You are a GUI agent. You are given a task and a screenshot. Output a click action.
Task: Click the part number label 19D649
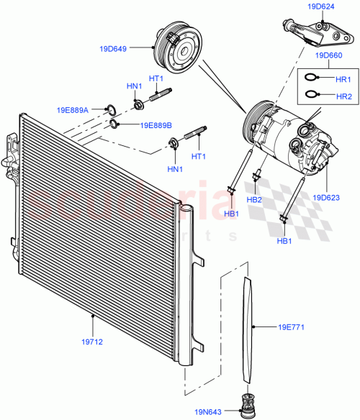[113, 50]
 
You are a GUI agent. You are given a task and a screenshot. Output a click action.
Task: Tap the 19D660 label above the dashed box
[328, 55]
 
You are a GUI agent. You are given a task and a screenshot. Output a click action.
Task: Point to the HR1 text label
[343, 79]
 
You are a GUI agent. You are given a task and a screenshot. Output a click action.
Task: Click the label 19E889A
[73, 110]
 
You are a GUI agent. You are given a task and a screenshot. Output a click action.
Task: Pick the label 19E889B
[156, 125]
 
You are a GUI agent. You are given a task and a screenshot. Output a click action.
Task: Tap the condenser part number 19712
[93, 342]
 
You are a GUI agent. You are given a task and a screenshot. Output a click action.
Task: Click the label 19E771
[292, 327]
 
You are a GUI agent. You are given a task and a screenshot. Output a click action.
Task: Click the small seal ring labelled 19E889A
[109, 110]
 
